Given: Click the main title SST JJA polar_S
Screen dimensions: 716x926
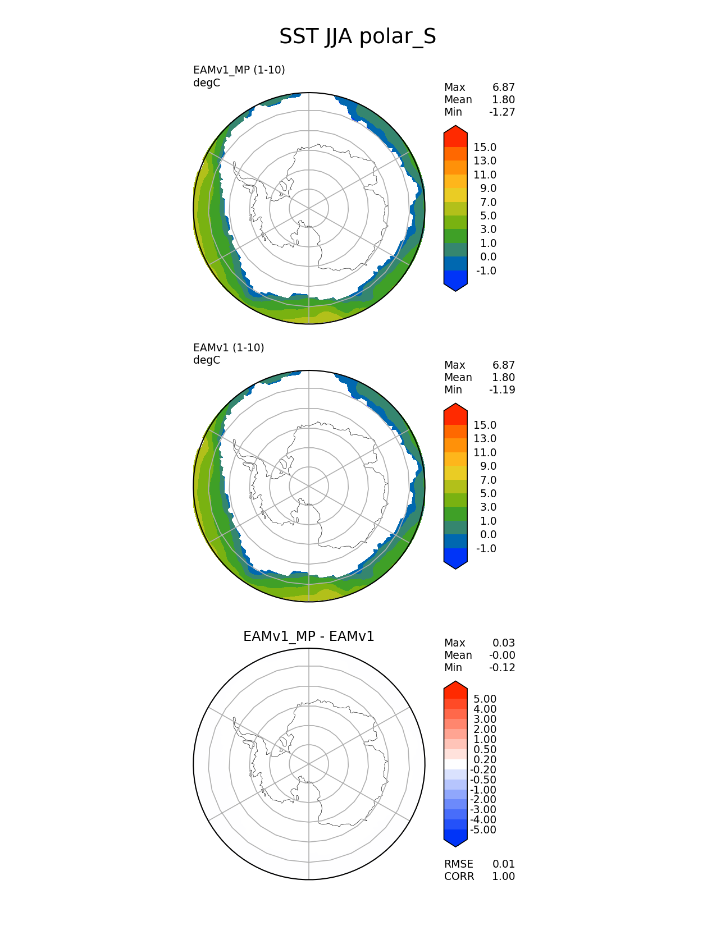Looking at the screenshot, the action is click(x=357, y=36).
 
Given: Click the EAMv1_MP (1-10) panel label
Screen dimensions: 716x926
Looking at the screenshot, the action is click(x=239, y=70).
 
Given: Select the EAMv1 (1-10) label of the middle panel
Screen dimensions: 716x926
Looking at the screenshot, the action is click(x=229, y=348).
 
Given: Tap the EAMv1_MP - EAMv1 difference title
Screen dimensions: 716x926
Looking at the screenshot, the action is click(x=308, y=636).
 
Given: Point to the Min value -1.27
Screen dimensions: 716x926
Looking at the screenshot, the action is click(x=502, y=112).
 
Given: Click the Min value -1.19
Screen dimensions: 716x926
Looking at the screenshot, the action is click(x=502, y=390).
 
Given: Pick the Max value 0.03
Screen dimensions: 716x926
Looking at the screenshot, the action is click(x=504, y=643).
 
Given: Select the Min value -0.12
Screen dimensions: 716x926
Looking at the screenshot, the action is click(x=502, y=668).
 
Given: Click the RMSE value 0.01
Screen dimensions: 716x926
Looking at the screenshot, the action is click(x=504, y=864).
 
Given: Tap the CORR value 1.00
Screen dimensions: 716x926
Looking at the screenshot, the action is click(x=504, y=877).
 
